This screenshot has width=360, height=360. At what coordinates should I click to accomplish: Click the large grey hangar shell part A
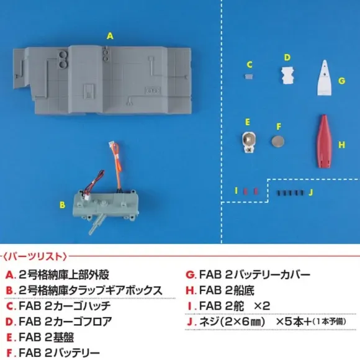tap(102, 79)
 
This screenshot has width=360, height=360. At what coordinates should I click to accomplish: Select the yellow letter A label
tap(110, 36)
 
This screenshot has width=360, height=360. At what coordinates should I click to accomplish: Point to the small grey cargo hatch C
tap(248, 76)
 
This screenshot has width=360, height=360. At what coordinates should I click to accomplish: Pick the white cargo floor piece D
tap(287, 76)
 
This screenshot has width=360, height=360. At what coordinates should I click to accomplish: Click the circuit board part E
tap(249, 142)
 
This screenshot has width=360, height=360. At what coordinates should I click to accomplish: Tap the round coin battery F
tap(277, 141)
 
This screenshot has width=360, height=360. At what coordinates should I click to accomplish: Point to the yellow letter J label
tap(311, 192)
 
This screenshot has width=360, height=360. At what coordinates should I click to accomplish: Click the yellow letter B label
tap(62, 205)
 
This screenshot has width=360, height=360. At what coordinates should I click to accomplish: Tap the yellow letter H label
tap(341, 145)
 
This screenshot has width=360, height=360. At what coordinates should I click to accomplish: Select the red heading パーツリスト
tap(35, 256)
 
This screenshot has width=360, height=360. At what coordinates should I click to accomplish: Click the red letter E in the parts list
tap(9, 338)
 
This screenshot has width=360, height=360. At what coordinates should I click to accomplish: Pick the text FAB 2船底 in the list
tap(227, 290)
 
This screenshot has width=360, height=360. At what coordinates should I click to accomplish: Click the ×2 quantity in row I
tap(262, 306)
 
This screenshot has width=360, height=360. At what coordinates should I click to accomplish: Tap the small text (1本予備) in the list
tap(329, 322)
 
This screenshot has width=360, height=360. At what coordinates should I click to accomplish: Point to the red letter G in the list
tap(191, 274)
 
